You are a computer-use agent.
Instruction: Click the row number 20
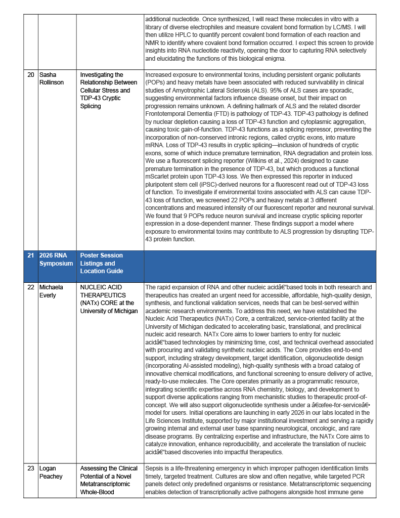[31, 75]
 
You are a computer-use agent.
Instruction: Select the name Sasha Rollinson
[51, 78]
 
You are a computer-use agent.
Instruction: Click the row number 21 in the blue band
[31, 255]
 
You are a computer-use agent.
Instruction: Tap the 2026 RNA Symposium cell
[56, 260]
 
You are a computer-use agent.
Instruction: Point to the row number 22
[31, 287]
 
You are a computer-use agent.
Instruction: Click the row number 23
[31, 468]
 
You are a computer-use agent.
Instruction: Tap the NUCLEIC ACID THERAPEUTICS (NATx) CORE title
[109, 298]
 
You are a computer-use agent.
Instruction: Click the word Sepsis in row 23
[155, 468]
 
